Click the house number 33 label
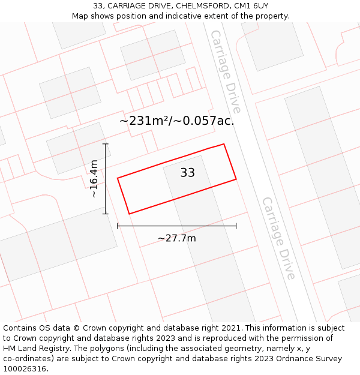[x=188, y=173]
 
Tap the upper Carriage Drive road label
[x=225, y=71]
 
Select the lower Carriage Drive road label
[x=278, y=238]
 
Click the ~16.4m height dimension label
[x=94, y=178]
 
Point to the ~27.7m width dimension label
[x=177, y=238]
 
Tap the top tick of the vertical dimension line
[x=106, y=144]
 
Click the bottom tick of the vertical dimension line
[x=106, y=214]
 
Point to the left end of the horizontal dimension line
[x=118, y=226]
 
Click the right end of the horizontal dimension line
[x=236, y=226]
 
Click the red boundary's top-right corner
[x=224, y=144]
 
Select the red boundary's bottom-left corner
[x=129, y=214]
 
